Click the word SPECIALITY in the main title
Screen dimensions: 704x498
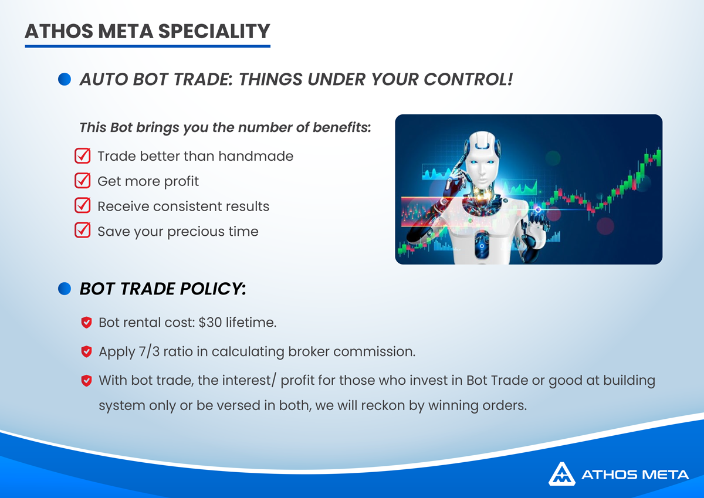[214, 32]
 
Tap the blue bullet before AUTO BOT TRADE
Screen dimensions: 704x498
[65, 79]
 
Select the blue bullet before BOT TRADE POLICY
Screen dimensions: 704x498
[65, 289]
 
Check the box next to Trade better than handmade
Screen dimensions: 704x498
[83, 155]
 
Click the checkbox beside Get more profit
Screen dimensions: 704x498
[83, 181]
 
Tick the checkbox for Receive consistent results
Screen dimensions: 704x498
[83, 205]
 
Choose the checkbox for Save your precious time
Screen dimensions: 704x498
[83, 231]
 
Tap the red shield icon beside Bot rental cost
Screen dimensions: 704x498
[86, 323]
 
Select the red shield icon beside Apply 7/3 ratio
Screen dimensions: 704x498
[86, 351]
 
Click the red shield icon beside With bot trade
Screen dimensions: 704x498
[86, 381]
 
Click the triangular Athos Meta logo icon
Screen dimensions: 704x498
[562, 474]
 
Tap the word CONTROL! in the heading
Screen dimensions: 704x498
[468, 79]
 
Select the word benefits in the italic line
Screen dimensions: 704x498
[341, 127]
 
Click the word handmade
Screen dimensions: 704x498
[256, 156]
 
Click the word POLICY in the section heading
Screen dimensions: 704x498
[212, 289]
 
